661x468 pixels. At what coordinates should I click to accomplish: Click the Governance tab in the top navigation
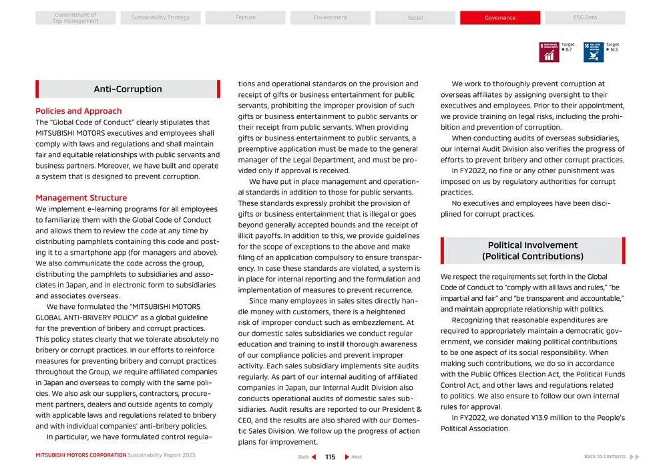click(x=499, y=18)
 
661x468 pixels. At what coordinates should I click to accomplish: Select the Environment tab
click(x=330, y=18)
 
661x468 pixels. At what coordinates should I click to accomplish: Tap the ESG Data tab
click(x=585, y=18)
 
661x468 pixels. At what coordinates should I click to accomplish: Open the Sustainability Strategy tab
click(x=160, y=18)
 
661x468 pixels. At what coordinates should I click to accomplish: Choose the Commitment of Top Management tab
click(x=75, y=18)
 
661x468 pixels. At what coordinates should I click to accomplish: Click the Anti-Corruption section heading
click(x=128, y=90)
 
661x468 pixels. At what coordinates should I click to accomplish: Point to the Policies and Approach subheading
click(x=79, y=111)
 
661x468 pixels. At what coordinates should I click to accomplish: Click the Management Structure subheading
click(x=81, y=198)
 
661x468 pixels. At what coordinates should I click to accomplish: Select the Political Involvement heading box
click(x=533, y=251)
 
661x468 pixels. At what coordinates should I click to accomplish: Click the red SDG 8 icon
click(x=549, y=52)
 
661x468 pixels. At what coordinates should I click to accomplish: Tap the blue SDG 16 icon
click(x=593, y=52)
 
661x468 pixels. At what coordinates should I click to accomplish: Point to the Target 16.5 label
click(x=612, y=47)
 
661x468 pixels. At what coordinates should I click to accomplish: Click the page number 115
click(x=330, y=457)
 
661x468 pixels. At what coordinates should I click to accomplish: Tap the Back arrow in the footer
click(x=312, y=457)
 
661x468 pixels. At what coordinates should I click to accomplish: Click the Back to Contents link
click(x=605, y=457)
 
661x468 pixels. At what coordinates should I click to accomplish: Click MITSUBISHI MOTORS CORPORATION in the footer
click(x=81, y=455)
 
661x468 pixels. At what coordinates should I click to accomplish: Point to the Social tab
click(x=415, y=18)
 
